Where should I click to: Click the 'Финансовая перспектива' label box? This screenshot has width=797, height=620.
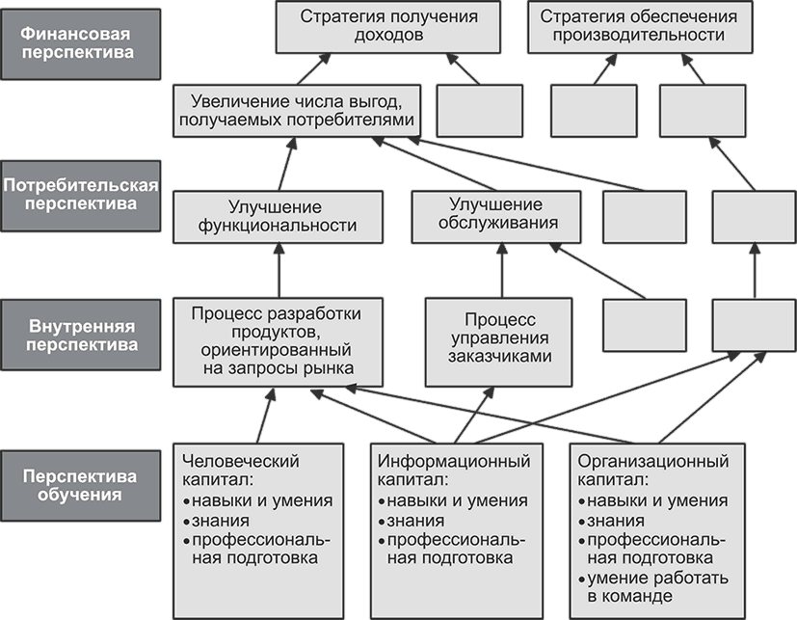(x=80, y=43)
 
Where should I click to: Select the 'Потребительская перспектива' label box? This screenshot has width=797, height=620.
(x=80, y=196)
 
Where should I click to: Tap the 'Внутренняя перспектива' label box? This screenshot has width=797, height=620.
(x=80, y=335)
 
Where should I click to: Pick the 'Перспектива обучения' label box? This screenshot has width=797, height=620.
(x=80, y=486)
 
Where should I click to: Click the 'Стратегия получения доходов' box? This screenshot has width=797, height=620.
(x=387, y=26)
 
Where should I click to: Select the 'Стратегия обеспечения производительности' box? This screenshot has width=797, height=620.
(x=640, y=26)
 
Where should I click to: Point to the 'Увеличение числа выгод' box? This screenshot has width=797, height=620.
(x=297, y=111)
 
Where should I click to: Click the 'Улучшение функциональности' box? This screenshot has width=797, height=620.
(x=278, y=217)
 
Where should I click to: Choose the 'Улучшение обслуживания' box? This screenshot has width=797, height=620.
(x=496, y=217)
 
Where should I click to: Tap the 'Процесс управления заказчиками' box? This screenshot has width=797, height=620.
(x=498, y=342)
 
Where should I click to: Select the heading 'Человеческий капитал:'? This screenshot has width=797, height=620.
(x=240, y=470)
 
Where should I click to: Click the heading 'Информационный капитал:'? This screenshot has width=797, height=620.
(x=454, y=470)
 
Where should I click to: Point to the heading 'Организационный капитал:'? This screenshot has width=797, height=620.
(x=653, y=470)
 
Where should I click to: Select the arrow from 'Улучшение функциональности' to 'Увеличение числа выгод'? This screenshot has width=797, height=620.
(x=287, y=164)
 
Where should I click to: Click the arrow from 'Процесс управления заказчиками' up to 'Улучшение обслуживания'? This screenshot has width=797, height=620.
(x=502, y=271)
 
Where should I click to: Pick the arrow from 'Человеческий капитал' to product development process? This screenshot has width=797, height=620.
(x=266, y=415)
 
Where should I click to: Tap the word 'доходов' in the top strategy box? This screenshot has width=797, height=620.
(x=388, y=35)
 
